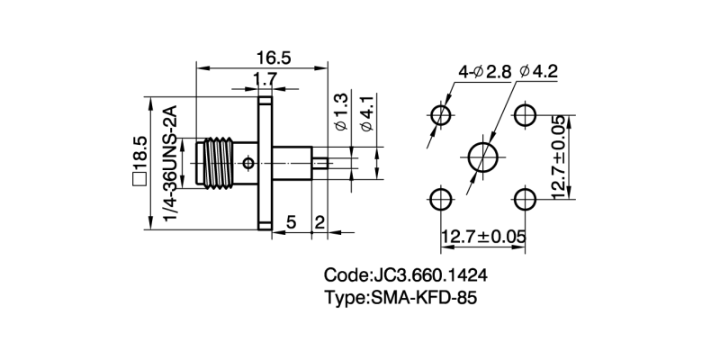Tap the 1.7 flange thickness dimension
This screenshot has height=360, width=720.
pos(264,80)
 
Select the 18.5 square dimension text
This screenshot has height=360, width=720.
pos(139,162)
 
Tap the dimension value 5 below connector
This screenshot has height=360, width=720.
pos(292,220)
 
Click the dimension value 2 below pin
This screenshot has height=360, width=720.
pos(319,220)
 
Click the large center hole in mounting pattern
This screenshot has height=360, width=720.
pos(484,157)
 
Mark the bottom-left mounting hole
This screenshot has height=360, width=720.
pos(441,198)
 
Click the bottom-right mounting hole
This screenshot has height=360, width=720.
pos(526,198)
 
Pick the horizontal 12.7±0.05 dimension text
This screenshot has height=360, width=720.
pos(483,237)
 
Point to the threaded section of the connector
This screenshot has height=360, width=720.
pos(217,162)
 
